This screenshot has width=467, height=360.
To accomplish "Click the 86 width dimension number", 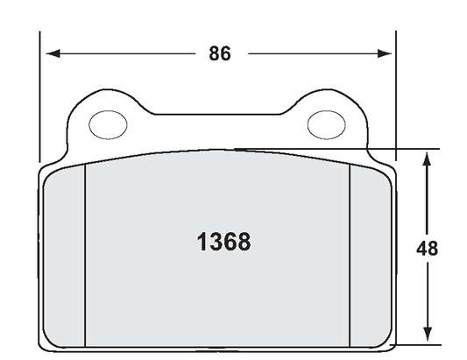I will coord(219,53).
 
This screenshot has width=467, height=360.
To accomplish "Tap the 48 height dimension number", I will coord(427,248).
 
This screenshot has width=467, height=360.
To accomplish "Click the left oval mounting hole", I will coord(109,124).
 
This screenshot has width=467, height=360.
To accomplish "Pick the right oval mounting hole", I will coord(326,124).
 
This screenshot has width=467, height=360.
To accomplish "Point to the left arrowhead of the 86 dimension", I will coord(52,53).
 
